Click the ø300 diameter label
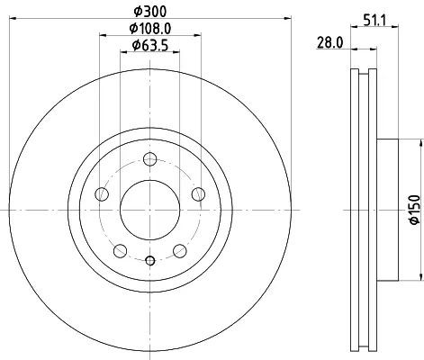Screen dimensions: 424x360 click(149, 12)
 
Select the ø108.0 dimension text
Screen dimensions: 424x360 click(150, 29)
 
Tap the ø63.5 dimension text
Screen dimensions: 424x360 click(150, 46)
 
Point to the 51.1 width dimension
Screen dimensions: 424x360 click(375, 21)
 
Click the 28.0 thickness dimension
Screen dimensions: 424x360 click(329, 42)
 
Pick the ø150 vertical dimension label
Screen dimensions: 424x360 click(415, 210)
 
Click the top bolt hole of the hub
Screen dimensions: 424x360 click(149, 159)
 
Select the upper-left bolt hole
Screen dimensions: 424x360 click(102, 194)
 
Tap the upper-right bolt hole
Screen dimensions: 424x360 click(198, 194)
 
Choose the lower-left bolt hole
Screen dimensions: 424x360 click(121, 251)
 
